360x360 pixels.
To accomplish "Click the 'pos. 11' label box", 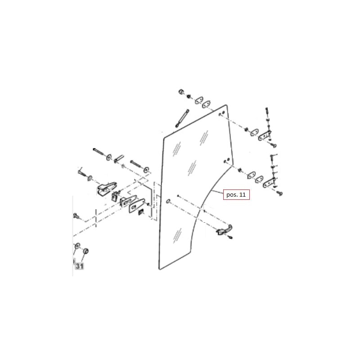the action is point(236,195).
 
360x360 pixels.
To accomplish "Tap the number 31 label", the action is point(80,266).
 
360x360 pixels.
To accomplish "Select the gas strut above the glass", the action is point(182,118).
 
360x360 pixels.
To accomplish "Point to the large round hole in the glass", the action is point(168,202).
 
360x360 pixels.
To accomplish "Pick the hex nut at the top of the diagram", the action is point(181,92).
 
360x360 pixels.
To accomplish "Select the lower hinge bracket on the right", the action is point(269,183).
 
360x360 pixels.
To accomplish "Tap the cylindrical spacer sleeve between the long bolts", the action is point(119,159).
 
